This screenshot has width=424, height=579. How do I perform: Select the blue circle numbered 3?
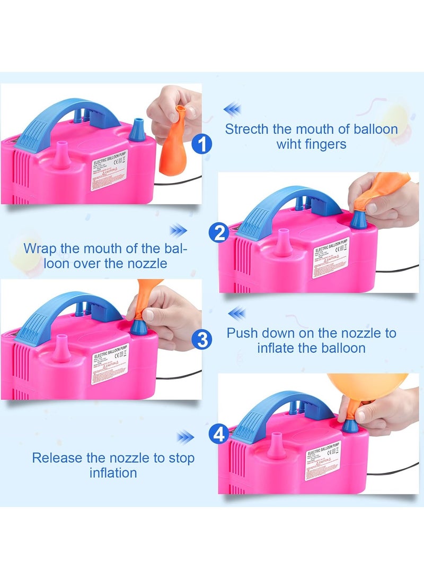pyautogui.click(x=202, y=339)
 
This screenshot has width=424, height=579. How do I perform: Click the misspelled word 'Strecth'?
pyautogui.click(x=248, y=129)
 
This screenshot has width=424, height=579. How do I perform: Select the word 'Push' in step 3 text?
pyautogui.click(x=243, y=333)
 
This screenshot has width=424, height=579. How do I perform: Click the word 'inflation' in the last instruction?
pyautogui.click(x=113, y=472)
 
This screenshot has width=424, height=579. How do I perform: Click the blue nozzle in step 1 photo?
pyautogui.click(x=138, y=129)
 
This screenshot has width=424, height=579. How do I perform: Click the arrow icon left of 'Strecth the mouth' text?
pyautogui.click(x=232, y=110)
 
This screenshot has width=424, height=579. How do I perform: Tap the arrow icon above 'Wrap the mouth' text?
pyautogui.click(x=179, y=230)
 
